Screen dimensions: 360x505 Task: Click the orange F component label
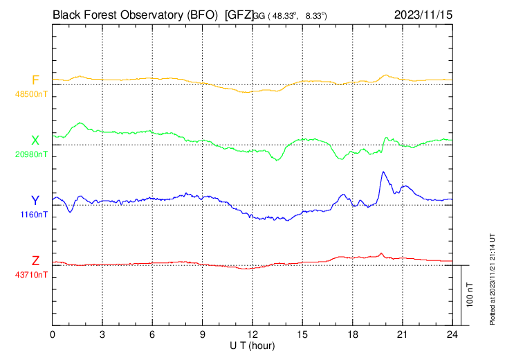coord(35,80)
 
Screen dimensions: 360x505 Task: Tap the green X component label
coord(35,141)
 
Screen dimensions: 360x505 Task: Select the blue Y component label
coord(35,201)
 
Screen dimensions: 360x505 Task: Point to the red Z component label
coord(35,261)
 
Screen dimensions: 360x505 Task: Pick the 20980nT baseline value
coord(32,154)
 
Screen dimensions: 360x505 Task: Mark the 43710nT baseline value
coord(32,275)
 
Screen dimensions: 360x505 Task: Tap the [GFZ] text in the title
coord(239,13)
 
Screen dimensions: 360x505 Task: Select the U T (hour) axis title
coord(252,345)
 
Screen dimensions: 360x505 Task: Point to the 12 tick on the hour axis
coord(252,334)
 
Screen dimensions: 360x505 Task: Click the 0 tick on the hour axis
coord(53,334)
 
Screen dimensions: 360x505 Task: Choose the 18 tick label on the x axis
coord(352,334)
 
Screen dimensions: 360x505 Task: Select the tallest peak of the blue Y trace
coord(383,172)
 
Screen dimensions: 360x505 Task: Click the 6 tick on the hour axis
coord(152,334)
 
